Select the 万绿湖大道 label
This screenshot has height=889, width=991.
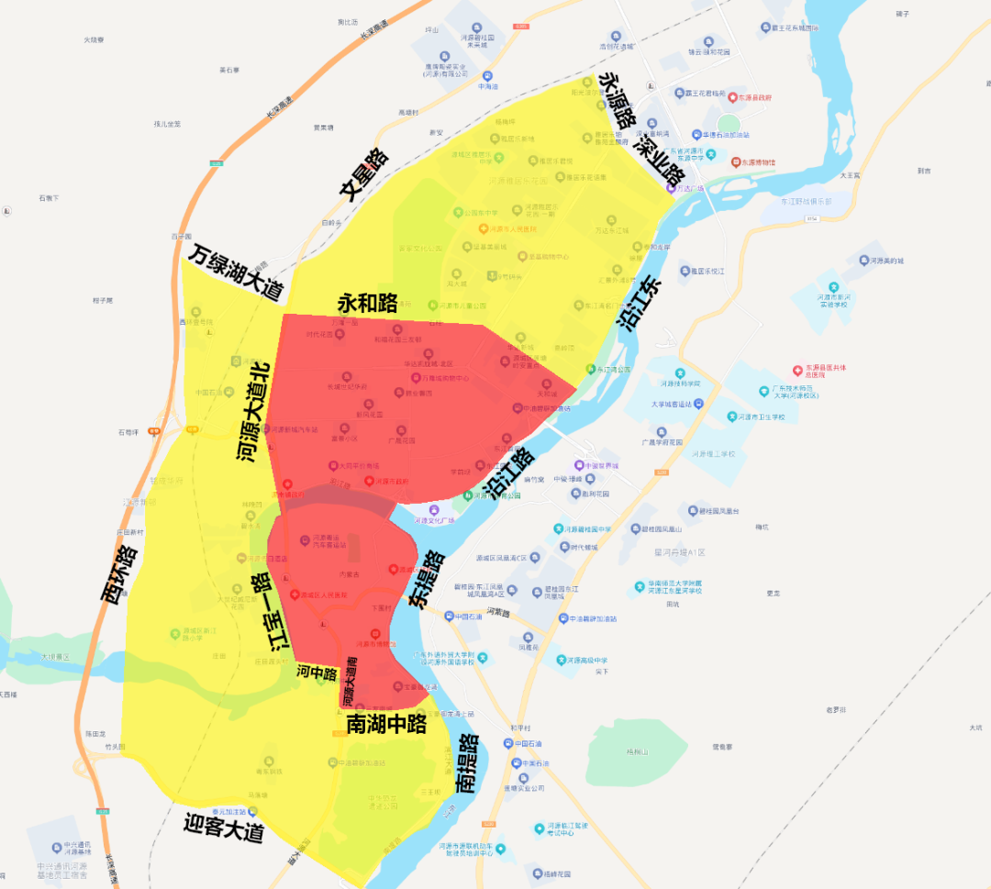click(x=238, y=272)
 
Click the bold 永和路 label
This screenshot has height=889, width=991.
click(x=367, y=302)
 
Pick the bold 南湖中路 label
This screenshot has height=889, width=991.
click(x=386, y=724)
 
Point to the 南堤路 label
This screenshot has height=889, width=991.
click(x=467, y=762)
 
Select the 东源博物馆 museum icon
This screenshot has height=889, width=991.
click(x=736, y=161)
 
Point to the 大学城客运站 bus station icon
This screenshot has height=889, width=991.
click(x=698, y=403)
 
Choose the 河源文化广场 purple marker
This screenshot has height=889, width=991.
click(x=434, y=510)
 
